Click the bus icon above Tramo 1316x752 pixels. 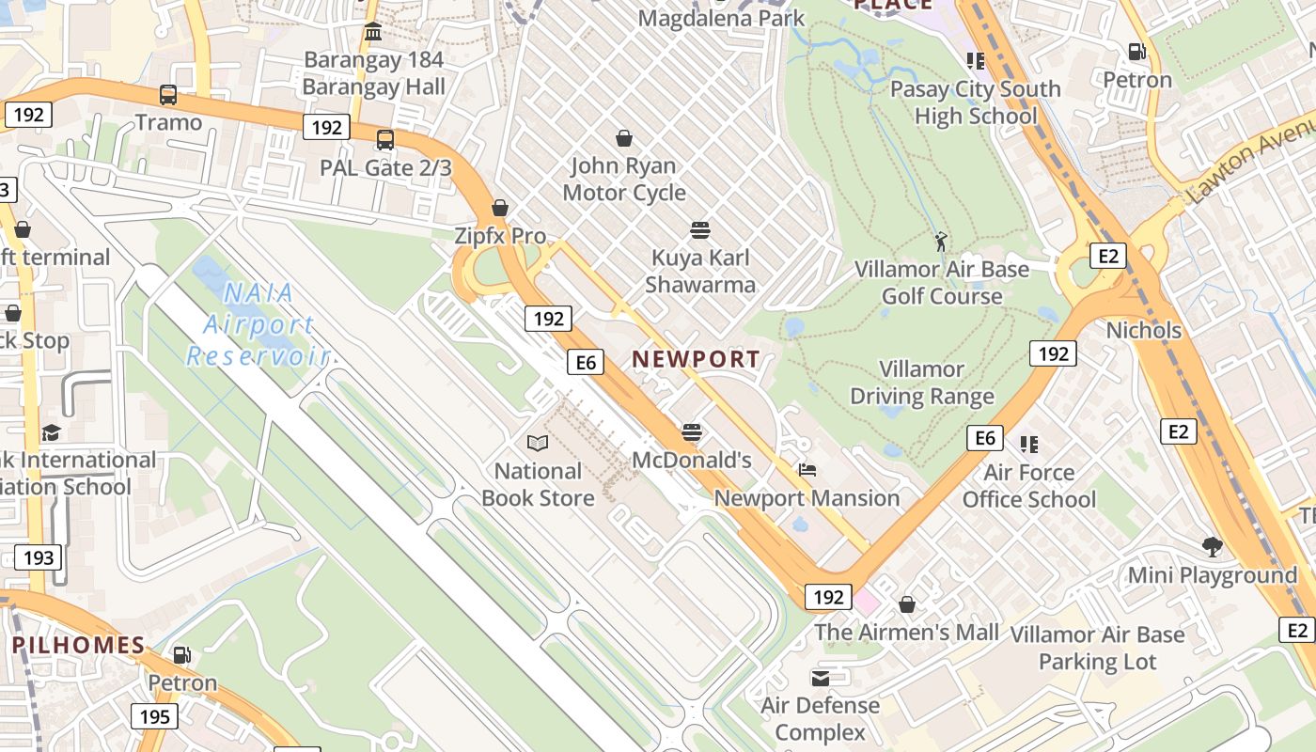[x=168, y=95]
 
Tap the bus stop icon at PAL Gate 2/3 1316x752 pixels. [x=384, y=140]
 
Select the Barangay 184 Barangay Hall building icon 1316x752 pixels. [x=372, y=33]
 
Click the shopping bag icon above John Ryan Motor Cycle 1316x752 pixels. [x=623, y=139]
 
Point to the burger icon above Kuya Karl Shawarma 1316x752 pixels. [x=699, y=230]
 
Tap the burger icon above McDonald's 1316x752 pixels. [x=692, y=432]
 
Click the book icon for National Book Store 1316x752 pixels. [x=537, y=443]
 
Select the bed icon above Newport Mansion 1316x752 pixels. [x=807, y=470]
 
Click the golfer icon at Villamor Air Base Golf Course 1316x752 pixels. [x=941, y=242]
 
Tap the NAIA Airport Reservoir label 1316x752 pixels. [x=258, y=325]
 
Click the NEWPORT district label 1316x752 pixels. [x=696, y=359]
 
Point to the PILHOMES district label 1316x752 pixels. [x=79, y=646]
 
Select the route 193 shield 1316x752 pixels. [x=39, y=557]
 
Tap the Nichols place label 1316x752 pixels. [x=1143, y=330]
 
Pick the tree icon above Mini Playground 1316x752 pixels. [x=1212, y=546]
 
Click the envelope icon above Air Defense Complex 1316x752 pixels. [x=820, y=678]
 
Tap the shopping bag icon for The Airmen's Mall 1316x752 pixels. [x=907, y=604]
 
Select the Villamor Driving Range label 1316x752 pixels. [x=921, y=383]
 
